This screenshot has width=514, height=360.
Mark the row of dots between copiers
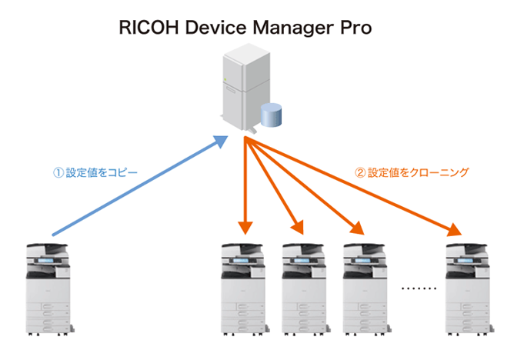[419, 289]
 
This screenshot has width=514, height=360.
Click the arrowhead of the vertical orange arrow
[245, 227]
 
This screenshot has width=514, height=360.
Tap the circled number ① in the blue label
[58, 172]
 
